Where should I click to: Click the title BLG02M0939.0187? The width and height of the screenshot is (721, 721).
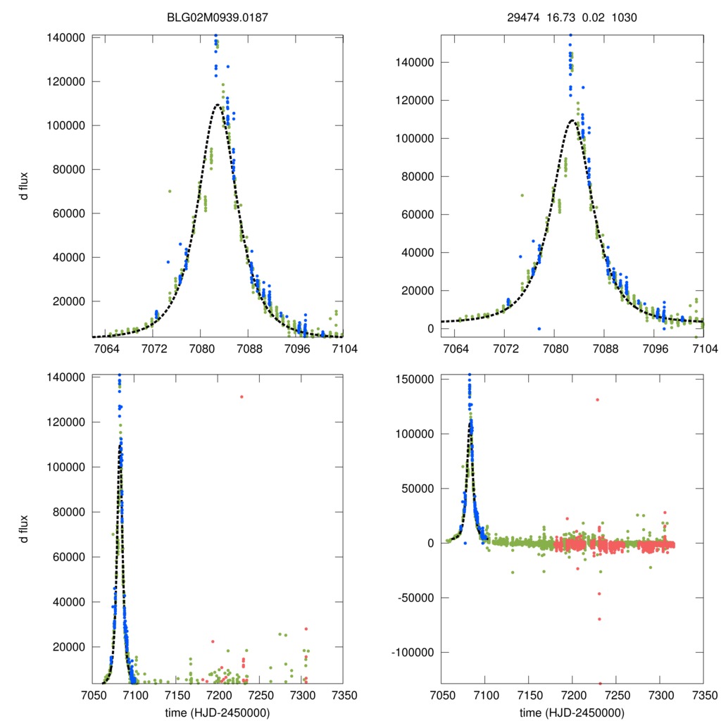pyautogui.click(x=218, y=17)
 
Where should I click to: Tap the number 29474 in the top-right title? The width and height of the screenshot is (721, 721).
pyautogui.click(x=522, y=17)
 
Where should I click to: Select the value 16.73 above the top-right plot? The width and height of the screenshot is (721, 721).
pyautogui.click(x=560, y=17)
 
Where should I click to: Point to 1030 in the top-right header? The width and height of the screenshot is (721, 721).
pyautogui.click(x=625, y=17)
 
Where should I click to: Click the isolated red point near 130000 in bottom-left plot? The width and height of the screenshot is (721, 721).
pyautogui.click(x=242, y=397)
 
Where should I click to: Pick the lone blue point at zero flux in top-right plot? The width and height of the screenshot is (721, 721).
pyautogui.click(x=539, y=329)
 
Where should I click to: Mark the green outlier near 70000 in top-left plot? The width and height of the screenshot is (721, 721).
pyautogui.click(x=170, y=192)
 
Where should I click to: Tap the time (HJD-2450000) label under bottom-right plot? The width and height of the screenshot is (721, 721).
pyautogui.click(x=571, y=712)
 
